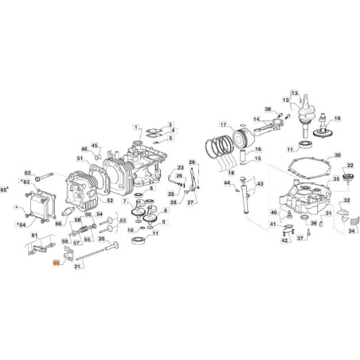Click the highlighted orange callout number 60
(x=56, y=260)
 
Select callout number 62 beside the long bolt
(x=26, y=173)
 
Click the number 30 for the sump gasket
(x=337, y=156)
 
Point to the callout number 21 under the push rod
(x=77, y=266)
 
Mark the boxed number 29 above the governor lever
(x=192, y=162)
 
